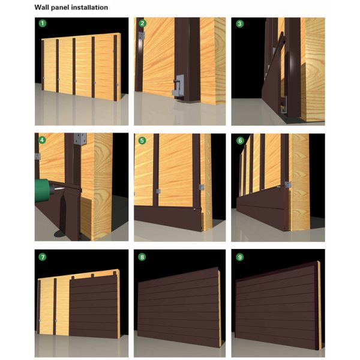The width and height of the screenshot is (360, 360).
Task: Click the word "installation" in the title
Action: (88, 7)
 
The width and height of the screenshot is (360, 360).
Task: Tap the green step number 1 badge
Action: (42, 24)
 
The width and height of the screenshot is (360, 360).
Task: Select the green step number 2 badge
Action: (142, 24)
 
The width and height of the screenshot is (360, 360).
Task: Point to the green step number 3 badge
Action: (240, 24)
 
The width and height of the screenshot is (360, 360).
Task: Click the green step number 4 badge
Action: (42, 140)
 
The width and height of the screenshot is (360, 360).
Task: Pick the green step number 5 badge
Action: (142, 140)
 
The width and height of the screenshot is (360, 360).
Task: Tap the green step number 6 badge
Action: (240, 140)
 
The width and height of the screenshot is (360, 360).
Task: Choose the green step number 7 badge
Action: (42, 257)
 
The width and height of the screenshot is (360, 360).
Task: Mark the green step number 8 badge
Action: (142, 257)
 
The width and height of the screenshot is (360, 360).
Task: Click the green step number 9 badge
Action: (240, 257)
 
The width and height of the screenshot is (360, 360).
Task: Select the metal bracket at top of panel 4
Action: (78, 139)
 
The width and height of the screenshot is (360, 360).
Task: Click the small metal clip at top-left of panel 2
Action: (141, 37)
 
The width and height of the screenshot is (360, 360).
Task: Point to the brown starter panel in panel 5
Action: (168, 217)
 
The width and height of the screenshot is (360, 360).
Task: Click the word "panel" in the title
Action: (60, 7)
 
